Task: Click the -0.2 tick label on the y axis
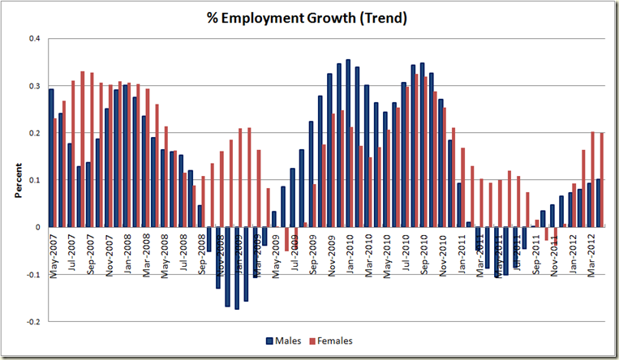31,322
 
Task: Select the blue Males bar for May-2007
51,158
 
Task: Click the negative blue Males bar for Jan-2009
237,268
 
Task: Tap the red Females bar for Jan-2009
241,178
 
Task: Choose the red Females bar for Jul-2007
74,154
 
